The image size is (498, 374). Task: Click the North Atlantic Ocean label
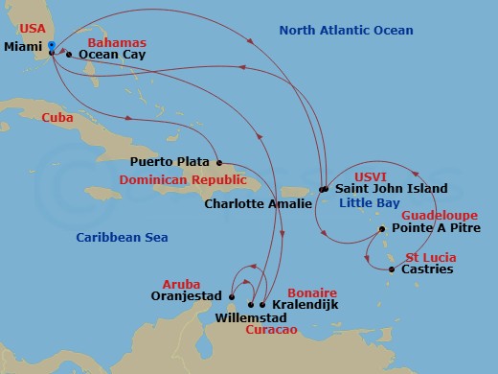click(x=346, y=31)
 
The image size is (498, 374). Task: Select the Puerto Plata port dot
click(x=219, y=162)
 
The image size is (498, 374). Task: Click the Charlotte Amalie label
click(x=259, y=203)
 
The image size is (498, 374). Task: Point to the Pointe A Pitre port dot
click(x=382, y=229)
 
